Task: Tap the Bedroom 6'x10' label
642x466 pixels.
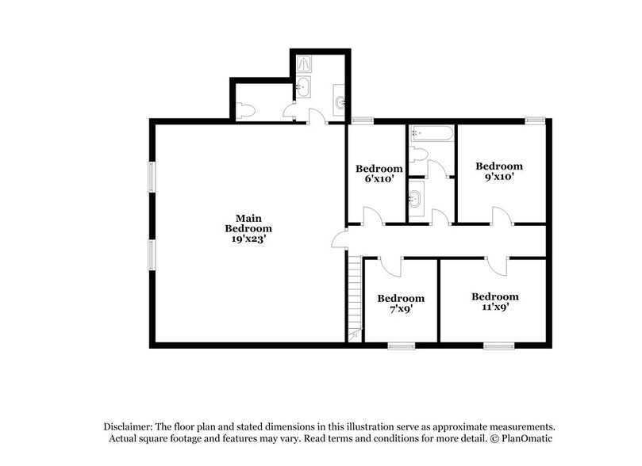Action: point(379,174)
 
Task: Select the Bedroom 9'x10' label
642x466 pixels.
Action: point(498,171)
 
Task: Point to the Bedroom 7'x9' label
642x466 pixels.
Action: point(400,304)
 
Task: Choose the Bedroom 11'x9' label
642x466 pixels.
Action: point(494,302)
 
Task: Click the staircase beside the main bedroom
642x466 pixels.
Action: point(354,297)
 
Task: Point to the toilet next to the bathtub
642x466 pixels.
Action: point(420,154)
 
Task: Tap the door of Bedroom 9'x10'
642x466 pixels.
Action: point(500,216)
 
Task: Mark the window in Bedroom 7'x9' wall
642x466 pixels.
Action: point(401,345)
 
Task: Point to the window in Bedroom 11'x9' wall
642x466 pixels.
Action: point(498,345)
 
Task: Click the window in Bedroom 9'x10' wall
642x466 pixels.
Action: point(535,120)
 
